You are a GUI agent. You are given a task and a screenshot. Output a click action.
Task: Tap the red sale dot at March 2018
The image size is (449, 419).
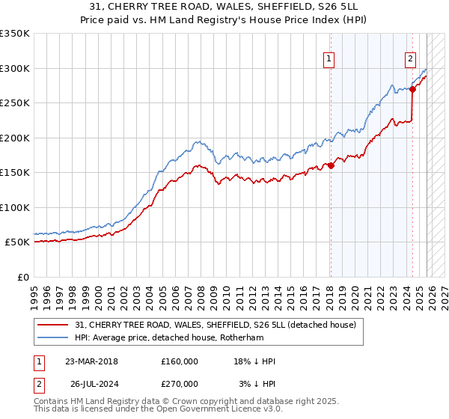point(331,166)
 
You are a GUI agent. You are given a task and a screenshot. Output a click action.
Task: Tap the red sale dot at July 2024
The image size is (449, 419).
point(412,89)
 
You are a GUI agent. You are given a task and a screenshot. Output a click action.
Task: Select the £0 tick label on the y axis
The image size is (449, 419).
point(22,277)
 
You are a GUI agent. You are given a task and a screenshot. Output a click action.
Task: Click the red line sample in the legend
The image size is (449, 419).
point(53,324)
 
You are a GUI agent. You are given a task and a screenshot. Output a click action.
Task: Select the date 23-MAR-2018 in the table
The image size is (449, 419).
point(91,361)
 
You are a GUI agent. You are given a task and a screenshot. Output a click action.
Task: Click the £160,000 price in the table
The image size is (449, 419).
point(180,361)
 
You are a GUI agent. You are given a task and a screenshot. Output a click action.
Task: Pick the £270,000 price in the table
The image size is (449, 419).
point(180,383)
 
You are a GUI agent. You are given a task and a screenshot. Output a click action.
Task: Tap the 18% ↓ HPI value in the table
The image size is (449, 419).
point(254,361)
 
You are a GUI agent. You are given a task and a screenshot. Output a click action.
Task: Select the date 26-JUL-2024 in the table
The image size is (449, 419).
point(91,383)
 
